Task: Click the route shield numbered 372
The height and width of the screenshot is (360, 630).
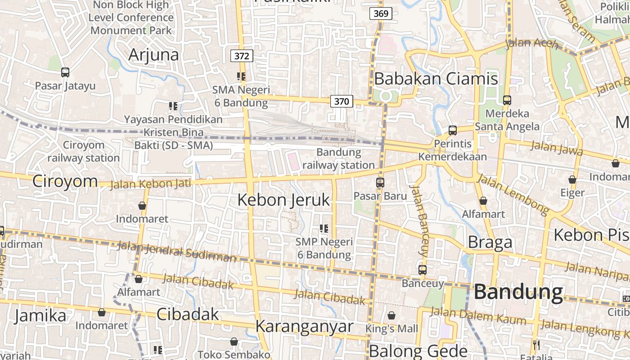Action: [x=242, y=56]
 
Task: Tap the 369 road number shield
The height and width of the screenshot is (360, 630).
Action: [x=381, y=13]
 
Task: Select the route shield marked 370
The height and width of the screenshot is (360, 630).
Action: [x=342, y=101]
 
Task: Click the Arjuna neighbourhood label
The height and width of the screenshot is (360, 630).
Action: [x=153, y=55]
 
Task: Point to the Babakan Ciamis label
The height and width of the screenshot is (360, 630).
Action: [x=436, y=79]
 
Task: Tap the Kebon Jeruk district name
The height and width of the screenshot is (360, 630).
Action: [x=283, y=200]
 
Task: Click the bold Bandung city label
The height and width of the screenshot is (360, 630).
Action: [x=518, y=292]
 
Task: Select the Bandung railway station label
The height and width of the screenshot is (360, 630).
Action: [x=338, y=159]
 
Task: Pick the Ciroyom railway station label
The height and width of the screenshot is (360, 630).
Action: [x=84, y=152]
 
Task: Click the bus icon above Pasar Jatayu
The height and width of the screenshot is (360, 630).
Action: [x=65, y=72]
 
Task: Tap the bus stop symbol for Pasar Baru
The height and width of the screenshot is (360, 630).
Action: [x=380, y=183]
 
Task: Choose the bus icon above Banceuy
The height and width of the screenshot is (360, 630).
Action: [x=422, y=270]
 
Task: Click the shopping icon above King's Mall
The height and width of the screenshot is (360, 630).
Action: [x=391, y=315]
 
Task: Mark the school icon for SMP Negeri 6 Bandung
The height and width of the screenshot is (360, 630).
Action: [x=324, y=229]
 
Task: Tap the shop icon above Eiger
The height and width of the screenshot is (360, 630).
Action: [x=572, y=180]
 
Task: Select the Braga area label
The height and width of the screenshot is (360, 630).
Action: [x=490, y=243]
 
